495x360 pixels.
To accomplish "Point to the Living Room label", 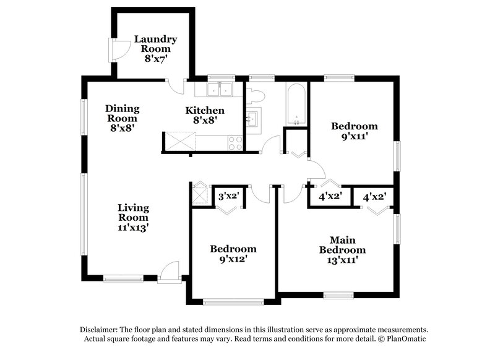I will [133, 217].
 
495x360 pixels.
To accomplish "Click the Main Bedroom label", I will [342, 250].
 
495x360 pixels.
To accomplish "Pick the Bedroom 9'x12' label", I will [233, 254].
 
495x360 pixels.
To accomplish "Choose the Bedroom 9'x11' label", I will [354, 131].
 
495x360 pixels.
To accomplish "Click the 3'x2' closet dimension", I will [229, 195].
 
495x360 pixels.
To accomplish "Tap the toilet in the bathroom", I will [255, 96].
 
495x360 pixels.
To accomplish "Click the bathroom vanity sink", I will [253, 118].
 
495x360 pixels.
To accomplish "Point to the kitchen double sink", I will [219, 90].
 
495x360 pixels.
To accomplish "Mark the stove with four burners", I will [236, 144].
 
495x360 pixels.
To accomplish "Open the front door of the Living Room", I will [168, 273].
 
